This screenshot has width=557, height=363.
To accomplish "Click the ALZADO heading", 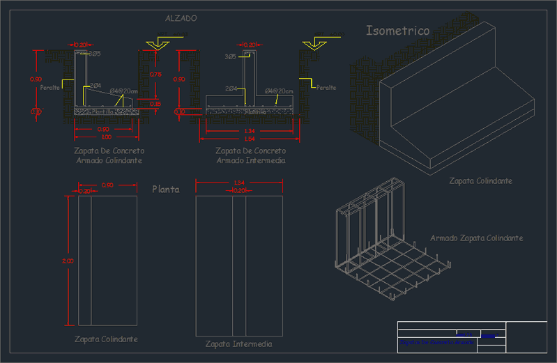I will (x=181, y=18).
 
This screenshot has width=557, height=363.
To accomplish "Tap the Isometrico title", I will (x=398, y=31).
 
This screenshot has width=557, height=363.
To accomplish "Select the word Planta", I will (x=166, y=189).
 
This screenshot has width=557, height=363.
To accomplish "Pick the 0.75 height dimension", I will (x=155, y=74).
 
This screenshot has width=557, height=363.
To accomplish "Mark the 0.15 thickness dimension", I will (x=155, y=104).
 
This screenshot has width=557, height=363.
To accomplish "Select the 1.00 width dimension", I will (x=103, y=137).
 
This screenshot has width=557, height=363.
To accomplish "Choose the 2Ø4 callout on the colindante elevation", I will (x=96, y=86).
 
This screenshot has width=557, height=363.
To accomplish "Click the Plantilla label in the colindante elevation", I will (x=104, y=110).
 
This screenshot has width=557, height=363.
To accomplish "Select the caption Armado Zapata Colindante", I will (x=477, y=238).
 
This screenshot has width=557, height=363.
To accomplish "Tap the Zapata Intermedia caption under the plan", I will (x=238, y=344).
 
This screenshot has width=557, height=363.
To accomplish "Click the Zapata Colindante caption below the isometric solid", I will (x=481, y=181).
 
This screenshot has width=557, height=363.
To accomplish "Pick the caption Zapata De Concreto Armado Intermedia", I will (x=251, y=155).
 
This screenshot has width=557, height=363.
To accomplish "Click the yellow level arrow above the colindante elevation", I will (x=157, y=45).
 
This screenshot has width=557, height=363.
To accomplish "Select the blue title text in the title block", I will (x=436, y=342).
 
